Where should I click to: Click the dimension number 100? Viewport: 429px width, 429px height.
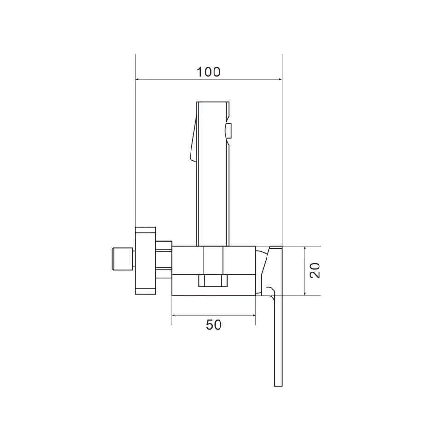coord(209,72)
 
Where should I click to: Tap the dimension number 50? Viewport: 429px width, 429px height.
coord(214,325)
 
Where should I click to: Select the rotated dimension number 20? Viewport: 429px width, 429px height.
coord(315,271)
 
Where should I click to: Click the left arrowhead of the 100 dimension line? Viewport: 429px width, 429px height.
coord(138,80)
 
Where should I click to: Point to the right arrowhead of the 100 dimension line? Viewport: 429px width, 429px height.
coord(279,80)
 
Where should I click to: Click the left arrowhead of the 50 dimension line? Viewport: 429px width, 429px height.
coord(174,315)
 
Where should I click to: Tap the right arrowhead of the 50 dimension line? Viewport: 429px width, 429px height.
coord(253,315)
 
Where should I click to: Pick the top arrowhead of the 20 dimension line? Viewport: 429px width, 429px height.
coord(305,249)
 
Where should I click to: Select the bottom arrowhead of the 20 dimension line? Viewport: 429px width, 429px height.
coord(305,293)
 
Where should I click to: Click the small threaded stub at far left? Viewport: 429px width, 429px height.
coord(122,259)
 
